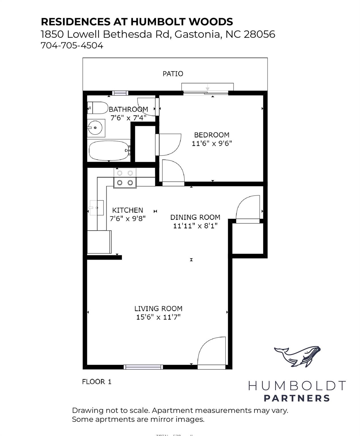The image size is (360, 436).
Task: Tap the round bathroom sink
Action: coord(95,128)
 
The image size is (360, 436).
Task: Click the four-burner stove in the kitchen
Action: coord(125,178)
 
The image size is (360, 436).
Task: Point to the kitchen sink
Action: coord(96,208)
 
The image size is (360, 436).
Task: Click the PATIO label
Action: coord(173,74)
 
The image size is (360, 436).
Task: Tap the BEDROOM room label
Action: coord(212,135)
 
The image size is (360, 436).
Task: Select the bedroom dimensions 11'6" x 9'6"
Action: coord(212,143)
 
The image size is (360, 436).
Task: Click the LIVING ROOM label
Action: coord(158,309)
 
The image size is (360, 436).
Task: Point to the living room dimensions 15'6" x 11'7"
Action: coord(158,317)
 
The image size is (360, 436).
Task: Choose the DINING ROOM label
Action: coord(195,217)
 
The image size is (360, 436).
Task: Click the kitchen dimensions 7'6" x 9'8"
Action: coord(128,219)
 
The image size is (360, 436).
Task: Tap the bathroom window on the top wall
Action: coord(120,93)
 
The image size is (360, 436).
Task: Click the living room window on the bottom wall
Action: coord(143,367)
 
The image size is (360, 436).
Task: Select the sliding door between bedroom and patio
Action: coord(206,93)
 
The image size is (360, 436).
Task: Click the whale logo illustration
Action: coord(297,356)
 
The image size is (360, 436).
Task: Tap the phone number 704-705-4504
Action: coord(72,45)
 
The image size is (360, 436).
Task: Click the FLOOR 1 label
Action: coord(97,382)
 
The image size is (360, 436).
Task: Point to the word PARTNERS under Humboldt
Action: coord(297,398)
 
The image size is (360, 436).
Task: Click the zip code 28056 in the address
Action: coord(259,34)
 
